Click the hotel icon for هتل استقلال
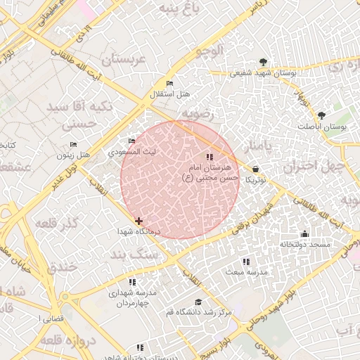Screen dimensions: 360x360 click(169, 84)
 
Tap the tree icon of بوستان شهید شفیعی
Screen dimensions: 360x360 click(263, 62)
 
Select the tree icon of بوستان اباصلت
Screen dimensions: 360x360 click(321, 115)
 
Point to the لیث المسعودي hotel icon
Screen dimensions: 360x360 click(131, 141)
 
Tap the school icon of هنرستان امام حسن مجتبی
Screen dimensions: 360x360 click(209, 157)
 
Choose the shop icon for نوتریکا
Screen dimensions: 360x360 click(254, 169)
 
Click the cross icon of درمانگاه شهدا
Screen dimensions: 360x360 click(139, 221)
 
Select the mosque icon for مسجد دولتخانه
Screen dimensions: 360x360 click(304, 234)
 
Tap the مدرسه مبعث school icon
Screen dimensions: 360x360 click(245, 262)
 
